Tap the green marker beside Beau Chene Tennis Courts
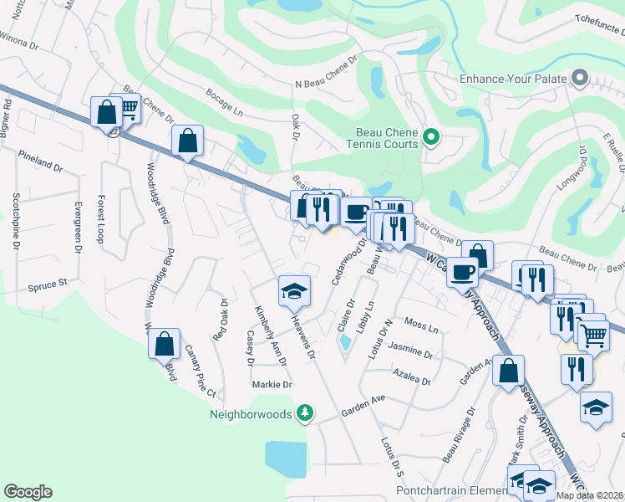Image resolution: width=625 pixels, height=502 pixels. click(431, 137)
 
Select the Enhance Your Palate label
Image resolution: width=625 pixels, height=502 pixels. click(514, 79)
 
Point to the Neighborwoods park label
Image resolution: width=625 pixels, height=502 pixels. click(251, 413)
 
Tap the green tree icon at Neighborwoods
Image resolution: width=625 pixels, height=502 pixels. click(306, 412)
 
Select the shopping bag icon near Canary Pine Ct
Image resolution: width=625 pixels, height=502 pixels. click(165, 343)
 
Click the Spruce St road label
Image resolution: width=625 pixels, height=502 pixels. click(48, 284)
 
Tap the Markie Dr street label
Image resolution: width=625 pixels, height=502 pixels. click(272, 385)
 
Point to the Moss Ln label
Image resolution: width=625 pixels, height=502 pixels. click(420, 324)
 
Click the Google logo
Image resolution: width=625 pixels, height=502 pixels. click(28, 492)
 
